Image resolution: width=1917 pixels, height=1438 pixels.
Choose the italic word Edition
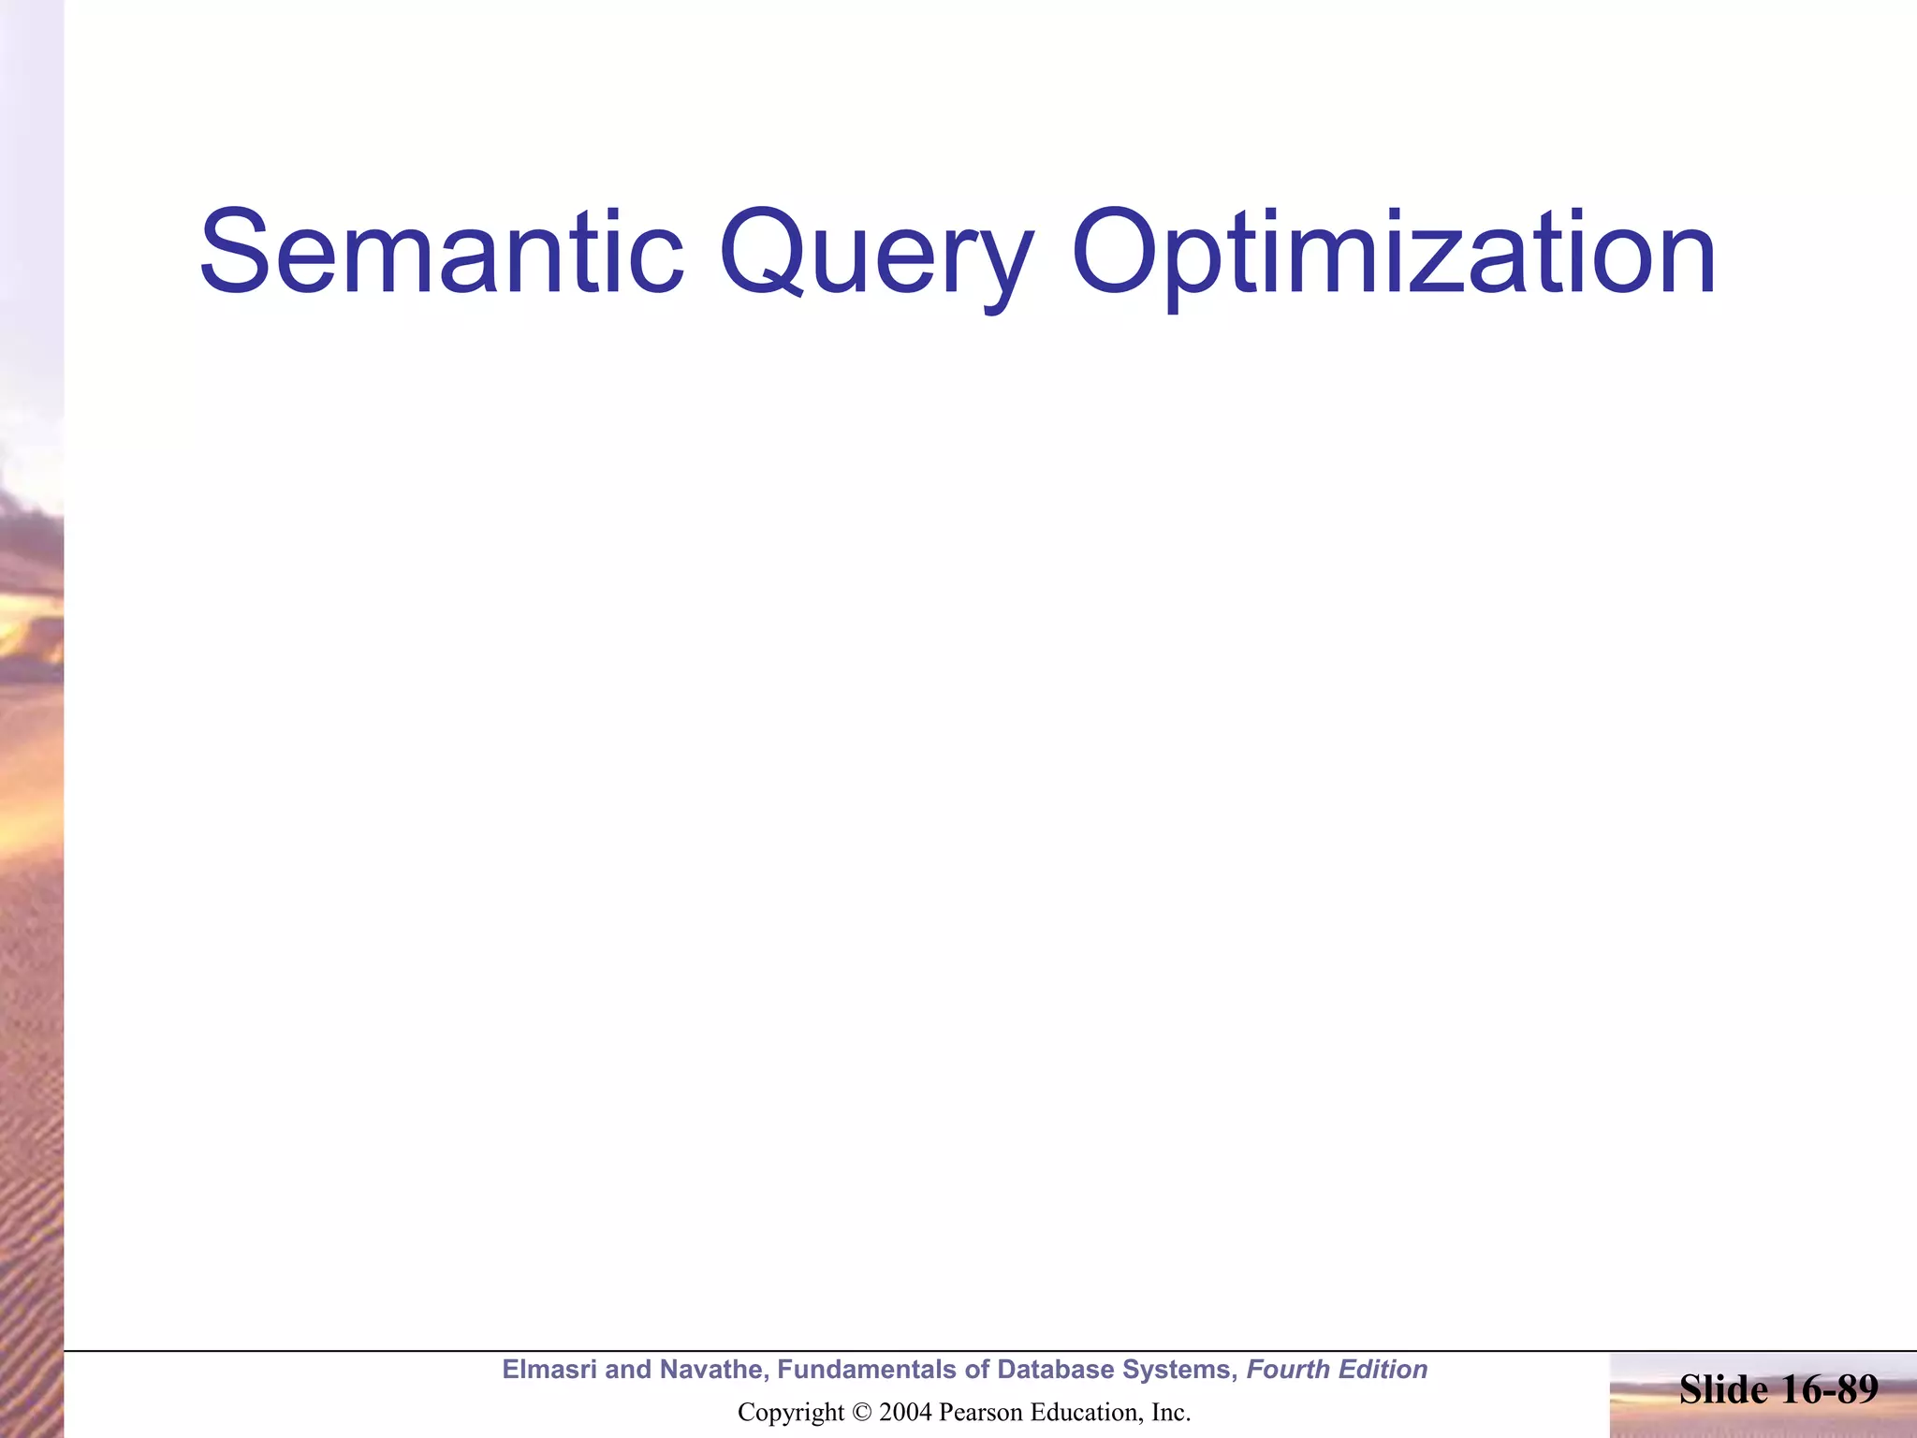(1383, 1370)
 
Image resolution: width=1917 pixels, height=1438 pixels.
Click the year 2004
(905, 1412)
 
